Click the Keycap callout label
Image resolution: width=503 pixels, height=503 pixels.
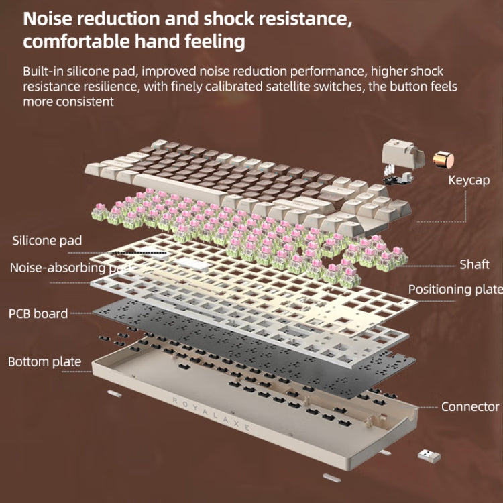469,180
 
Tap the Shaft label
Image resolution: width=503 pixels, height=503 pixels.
473,264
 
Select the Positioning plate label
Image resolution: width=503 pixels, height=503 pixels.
455,289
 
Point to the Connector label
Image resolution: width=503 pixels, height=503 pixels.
469,406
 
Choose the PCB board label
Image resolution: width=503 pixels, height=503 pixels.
38,313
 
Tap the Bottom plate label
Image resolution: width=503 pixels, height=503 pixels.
44,362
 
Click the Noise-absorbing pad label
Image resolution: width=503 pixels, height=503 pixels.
67,268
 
